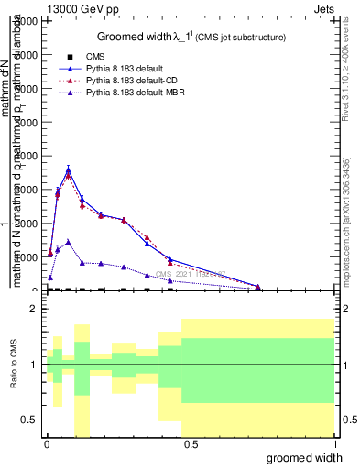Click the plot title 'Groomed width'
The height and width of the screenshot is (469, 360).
(136, 37)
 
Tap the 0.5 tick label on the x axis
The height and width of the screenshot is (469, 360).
(191, 443)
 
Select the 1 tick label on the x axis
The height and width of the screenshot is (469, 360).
(335, 443)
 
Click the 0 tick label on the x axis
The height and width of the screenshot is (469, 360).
(47, 443)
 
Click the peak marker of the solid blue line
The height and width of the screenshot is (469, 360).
(69, 169)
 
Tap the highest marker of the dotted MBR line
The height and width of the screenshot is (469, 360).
(69, 242)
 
